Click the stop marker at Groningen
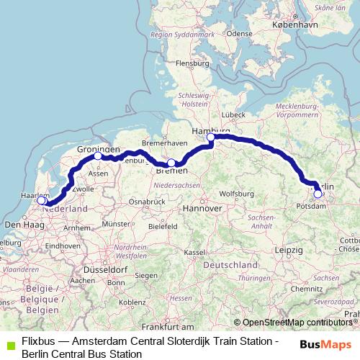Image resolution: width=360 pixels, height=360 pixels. tap(98, 156)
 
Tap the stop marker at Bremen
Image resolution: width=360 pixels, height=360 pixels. tap(171, 163)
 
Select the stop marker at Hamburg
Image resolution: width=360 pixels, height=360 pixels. tap(211, 138)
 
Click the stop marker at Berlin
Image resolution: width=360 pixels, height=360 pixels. tap(318, 193)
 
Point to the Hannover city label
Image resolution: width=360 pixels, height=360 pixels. tap(202, 208)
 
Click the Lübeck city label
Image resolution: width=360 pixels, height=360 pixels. tap(234, 114)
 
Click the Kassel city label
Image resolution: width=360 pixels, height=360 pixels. tap(194, 253)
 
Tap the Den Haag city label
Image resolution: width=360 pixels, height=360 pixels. tap(20, 225)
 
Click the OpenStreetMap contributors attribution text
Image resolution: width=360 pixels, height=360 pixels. tap(297, 322)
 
